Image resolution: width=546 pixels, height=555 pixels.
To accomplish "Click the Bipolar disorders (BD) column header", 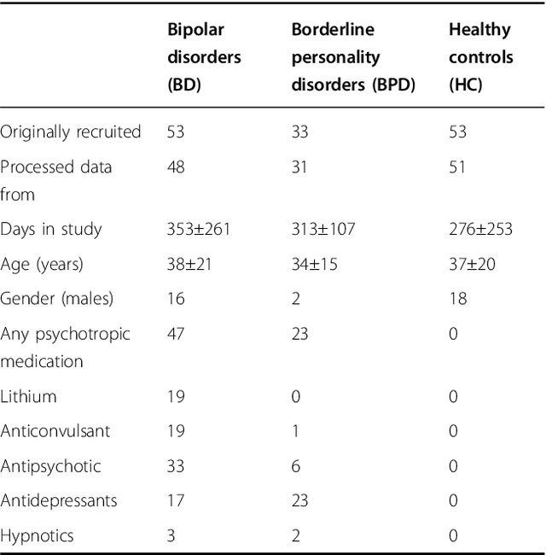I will (204, 57).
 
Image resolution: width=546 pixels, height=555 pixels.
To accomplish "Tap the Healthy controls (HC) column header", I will (481, 57).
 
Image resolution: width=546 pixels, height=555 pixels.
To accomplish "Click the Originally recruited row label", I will (71, 131).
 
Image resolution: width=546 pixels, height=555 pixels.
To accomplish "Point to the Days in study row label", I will (51, 229).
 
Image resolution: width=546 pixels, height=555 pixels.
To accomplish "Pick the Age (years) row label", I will (42, 264).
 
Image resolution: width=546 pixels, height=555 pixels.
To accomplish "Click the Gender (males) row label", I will (55, 299).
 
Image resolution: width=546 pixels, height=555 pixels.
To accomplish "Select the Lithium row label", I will (28, 396).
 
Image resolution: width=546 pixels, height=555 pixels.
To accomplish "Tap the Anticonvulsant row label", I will (55, 431).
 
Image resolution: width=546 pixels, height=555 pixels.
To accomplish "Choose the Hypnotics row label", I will (37, 535).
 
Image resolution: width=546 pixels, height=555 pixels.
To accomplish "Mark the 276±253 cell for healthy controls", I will (480, 229).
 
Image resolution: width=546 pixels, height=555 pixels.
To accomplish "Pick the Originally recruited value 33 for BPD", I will (301, 131).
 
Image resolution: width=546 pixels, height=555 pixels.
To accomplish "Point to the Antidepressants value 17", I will (176, 500).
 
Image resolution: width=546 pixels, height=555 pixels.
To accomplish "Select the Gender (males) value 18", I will (458, 299).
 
